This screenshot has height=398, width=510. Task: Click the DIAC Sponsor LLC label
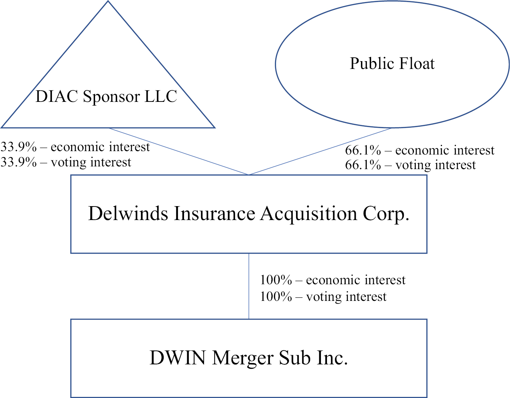coord(106,96)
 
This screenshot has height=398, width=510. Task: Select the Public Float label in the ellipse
coord(392,64)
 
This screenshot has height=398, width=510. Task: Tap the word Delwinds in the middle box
coord(128,213)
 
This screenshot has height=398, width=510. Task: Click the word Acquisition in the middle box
coord(309,214)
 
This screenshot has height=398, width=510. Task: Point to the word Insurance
coord(214,213)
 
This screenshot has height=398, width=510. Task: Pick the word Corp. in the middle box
coord(386,214)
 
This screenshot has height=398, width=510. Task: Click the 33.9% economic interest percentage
coord(19,147)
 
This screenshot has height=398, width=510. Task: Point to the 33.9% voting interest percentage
coord(19,162)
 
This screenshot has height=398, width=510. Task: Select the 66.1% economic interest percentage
coord(363,150)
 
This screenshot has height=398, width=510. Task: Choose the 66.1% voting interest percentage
coord(363,165)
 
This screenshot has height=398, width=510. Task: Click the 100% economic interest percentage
coord(276,280)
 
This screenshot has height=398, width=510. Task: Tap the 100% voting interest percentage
coord(276,296)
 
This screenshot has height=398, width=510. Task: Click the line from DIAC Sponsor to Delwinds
coord(179,151)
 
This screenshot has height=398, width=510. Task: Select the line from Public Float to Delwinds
coord(321,151)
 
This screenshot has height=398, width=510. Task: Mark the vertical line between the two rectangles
coord(249,286)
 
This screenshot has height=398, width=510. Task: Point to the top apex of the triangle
coord(108,1)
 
